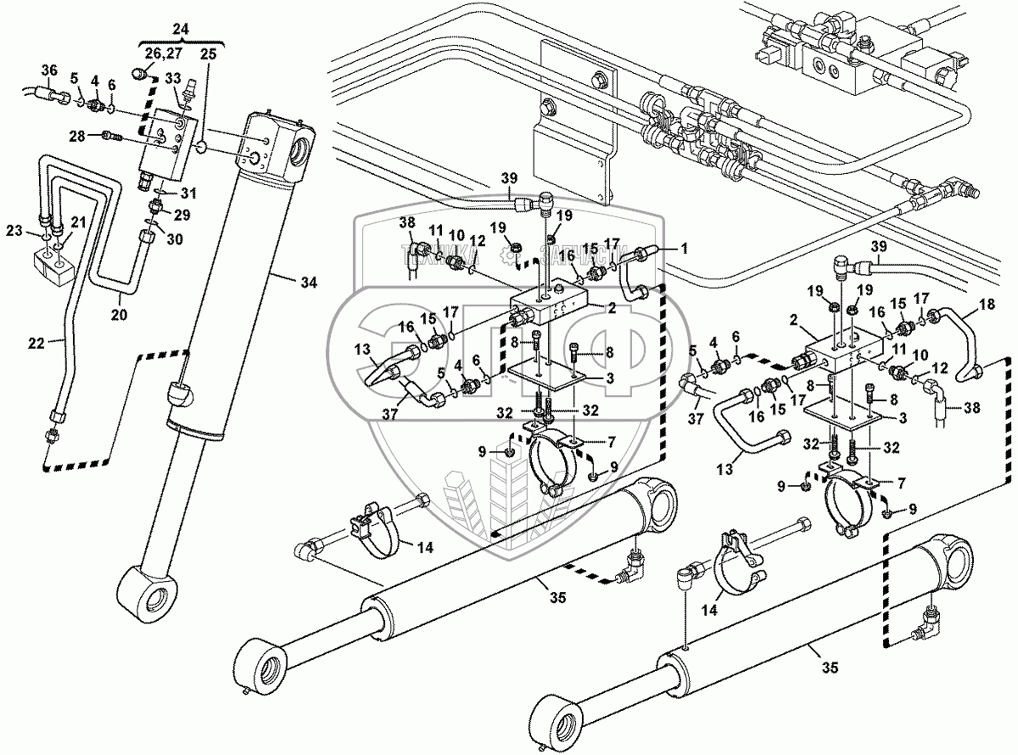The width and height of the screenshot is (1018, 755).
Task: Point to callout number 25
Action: [209, 54]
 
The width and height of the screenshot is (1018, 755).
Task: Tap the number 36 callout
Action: [49, 70]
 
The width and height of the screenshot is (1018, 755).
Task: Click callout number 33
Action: [174, 78]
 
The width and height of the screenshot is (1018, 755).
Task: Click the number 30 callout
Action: [175, 240]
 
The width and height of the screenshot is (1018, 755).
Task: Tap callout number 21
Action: [78, 221]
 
